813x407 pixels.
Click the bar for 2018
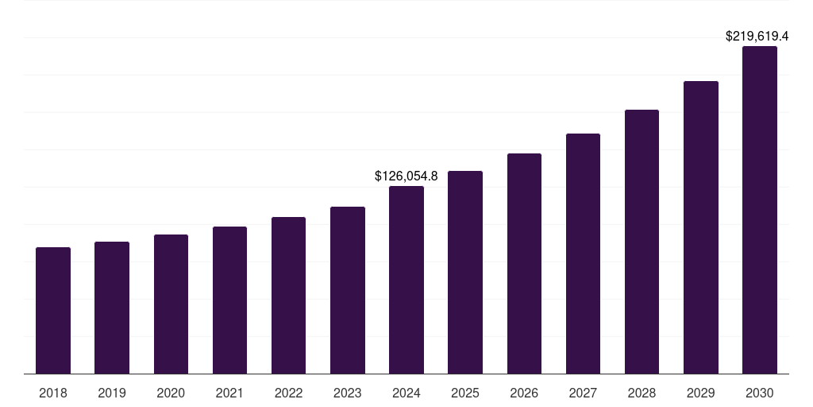point(53,310)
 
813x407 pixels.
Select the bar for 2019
point(112,308)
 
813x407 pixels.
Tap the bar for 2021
point(229,300)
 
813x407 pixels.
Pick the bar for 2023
point(348,290)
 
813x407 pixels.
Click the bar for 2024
point(406,280)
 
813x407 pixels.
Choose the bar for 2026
point(524,263)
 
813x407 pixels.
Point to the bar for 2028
point(642,242)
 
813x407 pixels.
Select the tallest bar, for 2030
point(760,210)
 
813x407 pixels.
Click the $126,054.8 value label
point(406,176)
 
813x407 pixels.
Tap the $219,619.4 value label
point(757,37)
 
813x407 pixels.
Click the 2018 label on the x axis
point(53,393)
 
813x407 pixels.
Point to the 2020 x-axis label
point(171,393)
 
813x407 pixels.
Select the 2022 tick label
point(288,393)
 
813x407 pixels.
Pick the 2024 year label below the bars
point(406,393)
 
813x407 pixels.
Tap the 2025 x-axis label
point(465,393)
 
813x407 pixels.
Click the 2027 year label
point(583,393)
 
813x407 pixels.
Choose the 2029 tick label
point(701,393)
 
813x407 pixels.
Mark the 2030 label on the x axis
point(760,393)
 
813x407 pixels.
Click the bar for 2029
point(701,227)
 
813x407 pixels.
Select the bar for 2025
point(465,272)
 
